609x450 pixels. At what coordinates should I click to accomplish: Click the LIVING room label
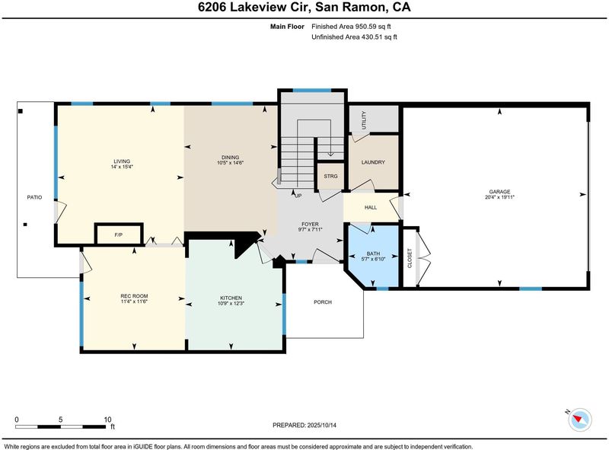coord(122,161)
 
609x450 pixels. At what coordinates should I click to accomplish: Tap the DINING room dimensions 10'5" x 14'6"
coord(231,163)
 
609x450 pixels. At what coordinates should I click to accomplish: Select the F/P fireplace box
coord(119,235)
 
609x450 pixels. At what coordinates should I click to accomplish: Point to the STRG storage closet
coord(330,176)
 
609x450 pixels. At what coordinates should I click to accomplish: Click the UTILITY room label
coord(364,120)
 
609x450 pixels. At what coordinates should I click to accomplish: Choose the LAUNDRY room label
coord(373,162)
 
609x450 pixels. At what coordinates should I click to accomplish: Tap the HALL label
coord(371,208)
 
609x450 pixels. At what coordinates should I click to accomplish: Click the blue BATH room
coord(373,256)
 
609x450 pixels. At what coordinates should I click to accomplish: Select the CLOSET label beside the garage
coord(410,258)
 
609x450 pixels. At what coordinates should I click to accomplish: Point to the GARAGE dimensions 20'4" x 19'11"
coord(499,197)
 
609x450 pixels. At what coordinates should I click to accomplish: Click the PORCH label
coord(323,302)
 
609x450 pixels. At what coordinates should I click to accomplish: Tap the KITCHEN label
coord(231,298)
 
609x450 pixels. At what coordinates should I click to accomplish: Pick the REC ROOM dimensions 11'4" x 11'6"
coord(134,302)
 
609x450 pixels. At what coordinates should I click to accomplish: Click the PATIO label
coord(34,197)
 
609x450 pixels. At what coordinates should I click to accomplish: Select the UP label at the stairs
coord(298,196)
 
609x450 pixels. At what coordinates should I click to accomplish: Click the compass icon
coord(579,420)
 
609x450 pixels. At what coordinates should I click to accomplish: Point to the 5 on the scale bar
coord(61,420)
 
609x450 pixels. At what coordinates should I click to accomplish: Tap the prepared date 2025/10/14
coord(321,425)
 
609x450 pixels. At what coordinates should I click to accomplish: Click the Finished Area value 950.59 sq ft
coord(373,27)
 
